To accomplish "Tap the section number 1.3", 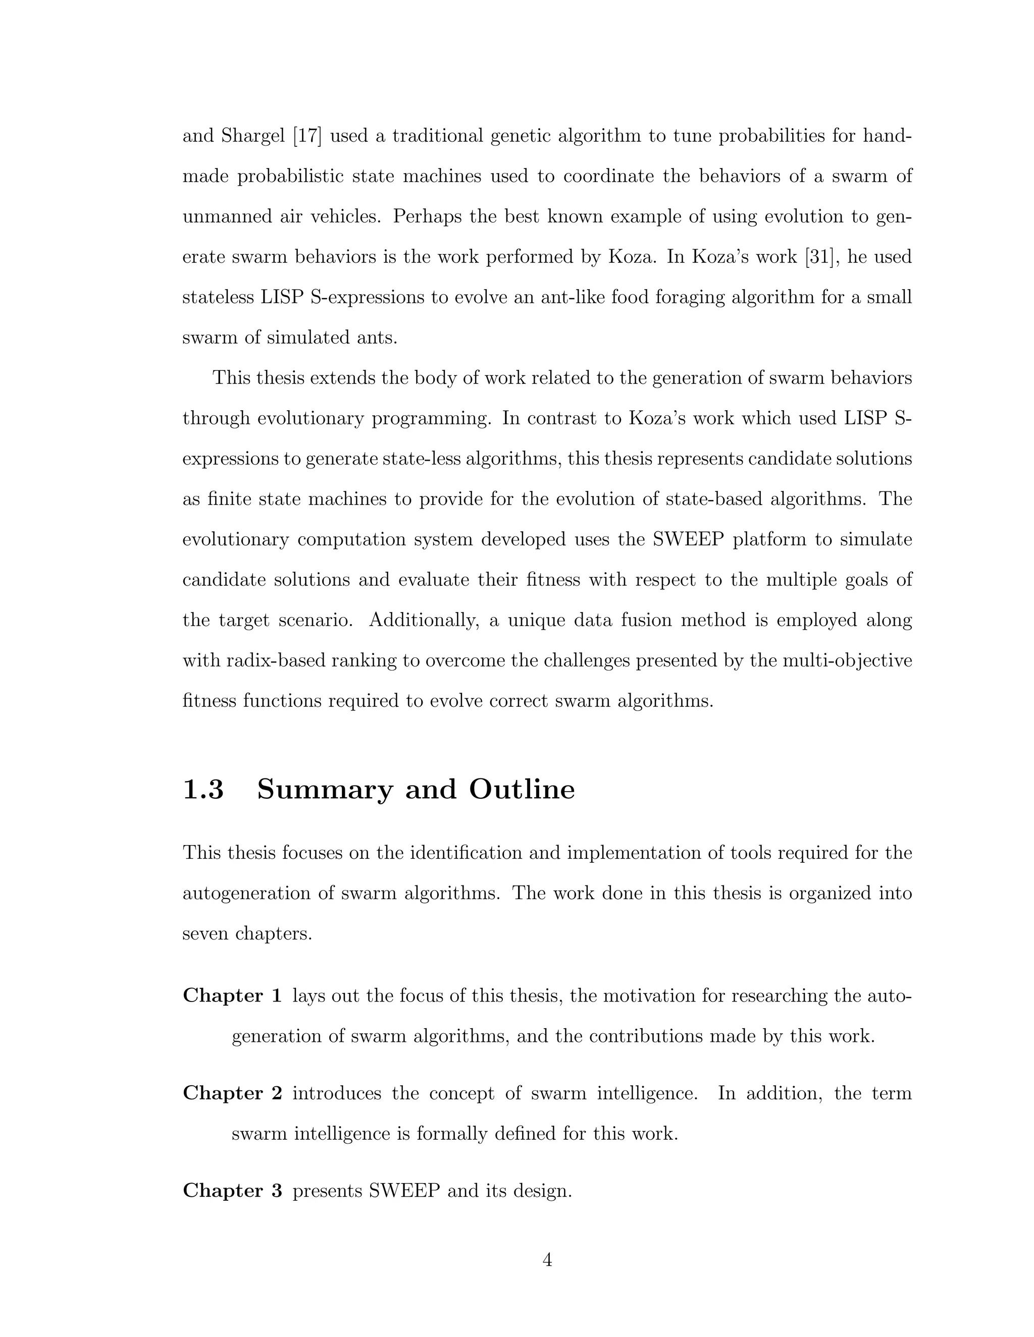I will coord(203,789).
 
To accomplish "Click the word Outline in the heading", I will coord(522,789).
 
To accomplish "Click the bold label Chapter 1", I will coord(232,996).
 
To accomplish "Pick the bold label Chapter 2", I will coord(232,1093).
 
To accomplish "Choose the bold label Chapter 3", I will coord(232,1191).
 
